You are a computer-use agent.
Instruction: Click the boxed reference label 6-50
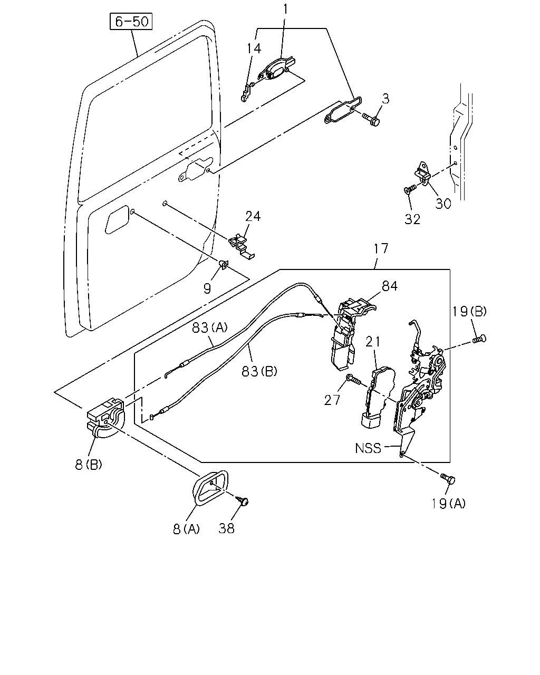pyautogui.click(x=131, y=21)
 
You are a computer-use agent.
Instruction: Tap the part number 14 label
pyautogui.click(x=254, y=49)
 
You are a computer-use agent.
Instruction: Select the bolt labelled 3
pyautogui.click(x=371, y=119)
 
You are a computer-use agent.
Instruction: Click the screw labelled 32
pyautogui.click(x=409, y=189)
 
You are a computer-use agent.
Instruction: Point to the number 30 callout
pyautogui.click(x=443, y=204)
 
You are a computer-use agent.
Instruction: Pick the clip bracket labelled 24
pyautogui.click(x=242, y=247)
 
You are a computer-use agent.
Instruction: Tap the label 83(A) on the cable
pyautogui.click(x=209, y=327)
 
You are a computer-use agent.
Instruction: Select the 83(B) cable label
pyautogui.click(x=259, y=371)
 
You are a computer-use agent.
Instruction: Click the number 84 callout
pyautogui.click(x=390, y=286)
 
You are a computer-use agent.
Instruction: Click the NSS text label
pyautogui.click(x=368, y=448)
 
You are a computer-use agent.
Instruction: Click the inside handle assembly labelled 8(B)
pyautogui.click(x=106, y=417)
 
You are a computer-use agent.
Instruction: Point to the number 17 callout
pyautogui.click(x=381, y=249)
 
